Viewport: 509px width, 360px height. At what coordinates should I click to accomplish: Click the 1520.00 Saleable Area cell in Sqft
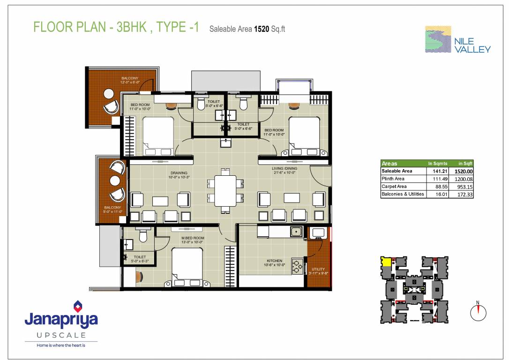pyautogui.click(x=464, y=171)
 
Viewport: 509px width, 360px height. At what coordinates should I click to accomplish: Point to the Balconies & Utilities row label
pyautogui.click(x=403, y=194)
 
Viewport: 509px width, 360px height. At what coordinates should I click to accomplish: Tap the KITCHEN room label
pyautogui.click(x=274, y=261)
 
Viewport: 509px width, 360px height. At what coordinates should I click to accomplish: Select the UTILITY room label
pyautogui.click(x=318, y=269)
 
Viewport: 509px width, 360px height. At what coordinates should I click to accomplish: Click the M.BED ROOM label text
pyautogui.click(x=193, y=238)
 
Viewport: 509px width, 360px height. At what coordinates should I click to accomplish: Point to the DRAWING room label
pyautogui.click(x=179, y=173)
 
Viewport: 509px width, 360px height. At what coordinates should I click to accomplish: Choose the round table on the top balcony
pyautogui.click(x=109, y=93)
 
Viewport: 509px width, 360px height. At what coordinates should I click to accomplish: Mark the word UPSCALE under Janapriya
pyautogui.click(x=61, y=335)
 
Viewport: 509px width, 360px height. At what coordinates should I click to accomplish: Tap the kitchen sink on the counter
pyautogui.click(x=296, y=231)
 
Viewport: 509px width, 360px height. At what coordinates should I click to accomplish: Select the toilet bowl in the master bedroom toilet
pyautogui.click(x=143, y=235)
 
